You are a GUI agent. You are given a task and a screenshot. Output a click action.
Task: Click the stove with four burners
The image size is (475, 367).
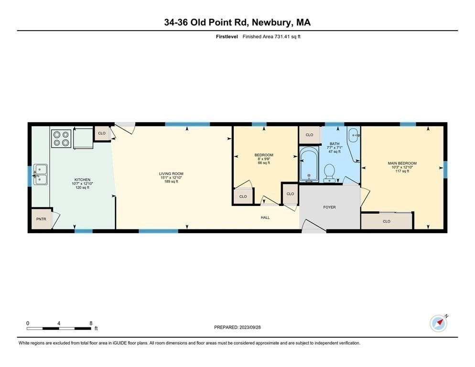[x=61, y=138]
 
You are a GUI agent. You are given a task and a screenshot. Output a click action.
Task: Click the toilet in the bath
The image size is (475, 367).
[x=329, y=173]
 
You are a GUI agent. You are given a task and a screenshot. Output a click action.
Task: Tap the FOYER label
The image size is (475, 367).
[x=329, y=207]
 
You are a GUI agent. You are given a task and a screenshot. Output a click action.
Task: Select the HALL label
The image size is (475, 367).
[x=265, y=217]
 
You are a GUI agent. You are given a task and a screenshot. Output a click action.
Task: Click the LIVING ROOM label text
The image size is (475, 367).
[x=171, y=173]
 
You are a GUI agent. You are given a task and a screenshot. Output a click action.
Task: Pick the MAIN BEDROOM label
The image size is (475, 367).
[x=402, y=163]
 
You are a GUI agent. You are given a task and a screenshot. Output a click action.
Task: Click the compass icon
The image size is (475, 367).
[x=438, y=323]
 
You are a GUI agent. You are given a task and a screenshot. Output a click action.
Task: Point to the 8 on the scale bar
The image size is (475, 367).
[x=91, y=323]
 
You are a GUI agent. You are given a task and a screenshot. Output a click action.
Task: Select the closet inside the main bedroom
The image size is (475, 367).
[x=386, y=221]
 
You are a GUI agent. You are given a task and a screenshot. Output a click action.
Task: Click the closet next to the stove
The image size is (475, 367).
[x=102, y=133]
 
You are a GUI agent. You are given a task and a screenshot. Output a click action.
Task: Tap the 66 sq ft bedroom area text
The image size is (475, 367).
[x=264, y=163]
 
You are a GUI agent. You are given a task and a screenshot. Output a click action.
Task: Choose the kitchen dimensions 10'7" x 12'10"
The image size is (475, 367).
[x=82, y=183]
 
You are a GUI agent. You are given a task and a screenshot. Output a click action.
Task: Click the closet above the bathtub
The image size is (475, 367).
[x=309, y=135]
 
